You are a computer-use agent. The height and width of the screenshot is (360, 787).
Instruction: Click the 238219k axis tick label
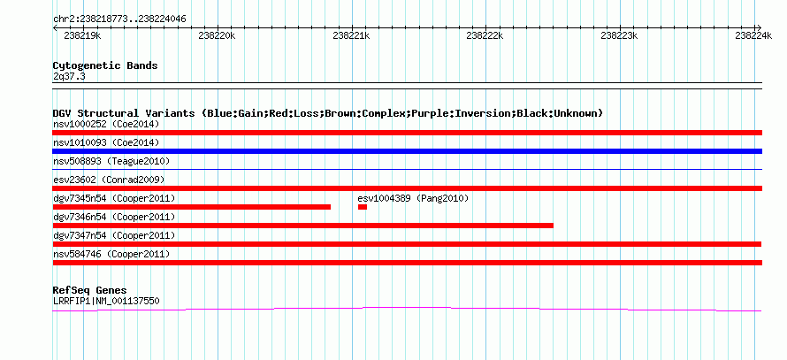click(83, 35)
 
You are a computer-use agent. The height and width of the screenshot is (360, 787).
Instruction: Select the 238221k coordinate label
click(351, 35)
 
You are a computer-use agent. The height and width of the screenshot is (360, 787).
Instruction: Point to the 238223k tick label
click(619, 35)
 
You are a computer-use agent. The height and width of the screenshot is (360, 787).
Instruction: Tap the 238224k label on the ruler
click(753, 35)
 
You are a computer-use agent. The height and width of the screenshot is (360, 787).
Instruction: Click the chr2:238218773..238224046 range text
click(119, 19)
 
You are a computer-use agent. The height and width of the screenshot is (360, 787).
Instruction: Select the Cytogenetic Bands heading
click(105, 65)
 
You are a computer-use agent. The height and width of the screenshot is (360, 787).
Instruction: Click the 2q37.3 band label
click(69, 76)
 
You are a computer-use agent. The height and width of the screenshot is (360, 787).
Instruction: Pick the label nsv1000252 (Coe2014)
click(106, 124)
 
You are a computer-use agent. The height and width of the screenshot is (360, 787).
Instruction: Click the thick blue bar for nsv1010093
click(408, 151)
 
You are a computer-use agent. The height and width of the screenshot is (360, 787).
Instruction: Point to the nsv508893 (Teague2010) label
click(111, 161)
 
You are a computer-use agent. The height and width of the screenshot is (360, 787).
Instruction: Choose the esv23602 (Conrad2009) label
click(109, 180)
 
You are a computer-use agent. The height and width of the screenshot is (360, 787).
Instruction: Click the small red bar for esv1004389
click(363, 207)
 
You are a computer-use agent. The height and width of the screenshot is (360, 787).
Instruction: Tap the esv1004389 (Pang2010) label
click(413, 198)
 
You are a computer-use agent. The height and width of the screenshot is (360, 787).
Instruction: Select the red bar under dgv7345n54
click(192, 207)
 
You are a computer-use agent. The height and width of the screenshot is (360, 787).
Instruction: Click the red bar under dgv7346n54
click(303, 226)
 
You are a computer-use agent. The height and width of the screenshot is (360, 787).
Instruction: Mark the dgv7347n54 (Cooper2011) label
click(114, 235)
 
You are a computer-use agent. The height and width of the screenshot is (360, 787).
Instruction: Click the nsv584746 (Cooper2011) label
click(111, 254)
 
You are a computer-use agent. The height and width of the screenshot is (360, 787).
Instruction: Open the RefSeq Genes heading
click(90, 290)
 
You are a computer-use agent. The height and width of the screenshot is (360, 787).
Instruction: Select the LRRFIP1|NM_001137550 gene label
click(106, 302)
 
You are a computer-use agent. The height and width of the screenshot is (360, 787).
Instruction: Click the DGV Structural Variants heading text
click(328, 113)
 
